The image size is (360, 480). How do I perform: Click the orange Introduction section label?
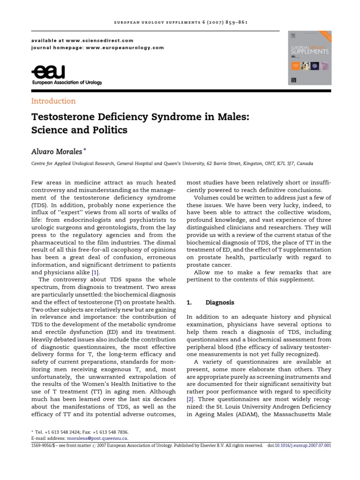[x=53, y=101]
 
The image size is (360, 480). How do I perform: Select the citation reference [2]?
[x=190, y=399]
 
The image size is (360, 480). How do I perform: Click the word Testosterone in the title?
[x=62, y=116]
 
